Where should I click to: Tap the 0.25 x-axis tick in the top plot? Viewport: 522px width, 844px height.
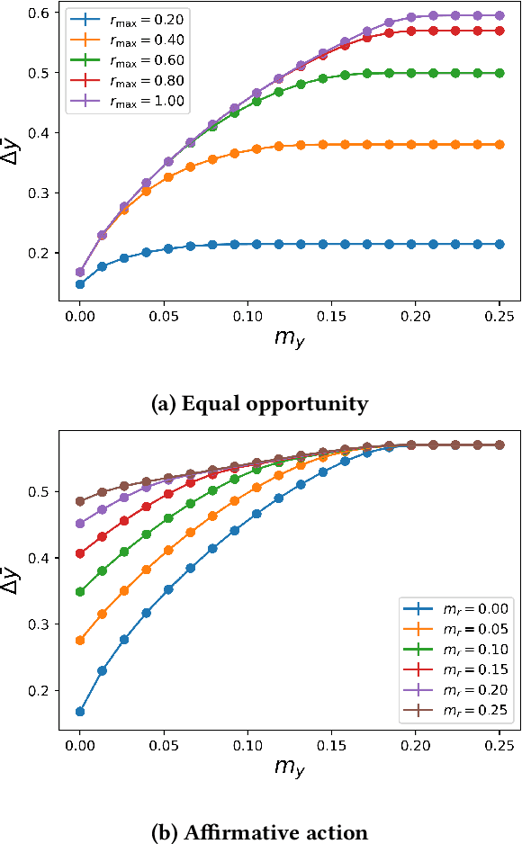499,317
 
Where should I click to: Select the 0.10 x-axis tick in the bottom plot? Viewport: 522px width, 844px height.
247,746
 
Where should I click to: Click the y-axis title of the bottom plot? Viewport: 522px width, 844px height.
13,579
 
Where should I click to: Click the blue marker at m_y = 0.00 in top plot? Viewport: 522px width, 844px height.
80,284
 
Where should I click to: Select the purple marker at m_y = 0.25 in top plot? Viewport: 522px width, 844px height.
499,15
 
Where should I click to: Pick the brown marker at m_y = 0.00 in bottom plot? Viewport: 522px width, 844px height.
80,501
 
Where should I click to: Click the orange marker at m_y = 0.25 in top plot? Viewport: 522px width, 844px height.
499,144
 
